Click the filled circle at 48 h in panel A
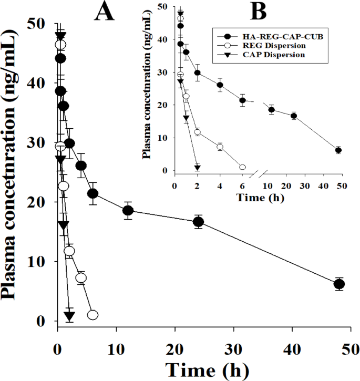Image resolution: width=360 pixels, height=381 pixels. [339, 284]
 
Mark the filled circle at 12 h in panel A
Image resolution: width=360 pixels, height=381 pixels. [128, 211]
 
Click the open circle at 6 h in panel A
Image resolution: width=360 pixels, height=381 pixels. [92, 315]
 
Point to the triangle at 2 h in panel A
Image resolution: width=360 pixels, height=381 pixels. [69, 315]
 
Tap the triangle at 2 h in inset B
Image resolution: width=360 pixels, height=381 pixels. [198, 168]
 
